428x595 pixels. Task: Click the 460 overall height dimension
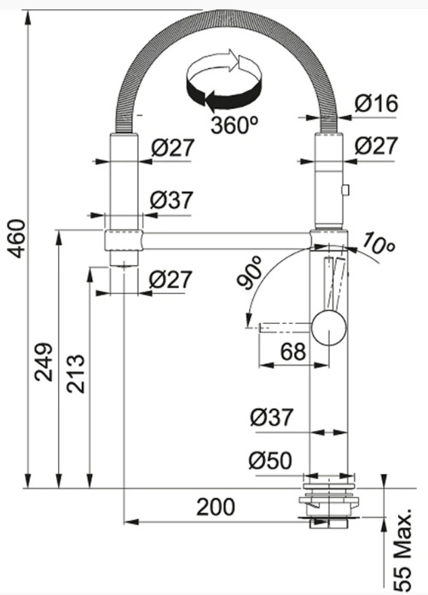17,239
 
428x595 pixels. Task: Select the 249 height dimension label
43,362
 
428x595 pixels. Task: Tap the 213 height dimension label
75,373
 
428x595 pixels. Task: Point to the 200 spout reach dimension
216,506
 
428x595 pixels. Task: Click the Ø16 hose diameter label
376,103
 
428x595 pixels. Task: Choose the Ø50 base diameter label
270,460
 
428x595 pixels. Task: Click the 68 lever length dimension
293,352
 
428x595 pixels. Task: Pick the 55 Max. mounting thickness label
402,550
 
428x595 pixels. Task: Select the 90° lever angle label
250,273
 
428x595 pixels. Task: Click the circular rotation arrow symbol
223,81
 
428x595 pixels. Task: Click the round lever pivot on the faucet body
329,327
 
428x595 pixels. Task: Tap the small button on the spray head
345,190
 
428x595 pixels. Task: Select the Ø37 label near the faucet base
272,418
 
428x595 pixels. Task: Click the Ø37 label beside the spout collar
171,199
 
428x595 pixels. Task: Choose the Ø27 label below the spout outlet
171,280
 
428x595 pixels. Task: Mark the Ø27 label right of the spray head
376,146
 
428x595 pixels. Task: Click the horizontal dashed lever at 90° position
285,327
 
